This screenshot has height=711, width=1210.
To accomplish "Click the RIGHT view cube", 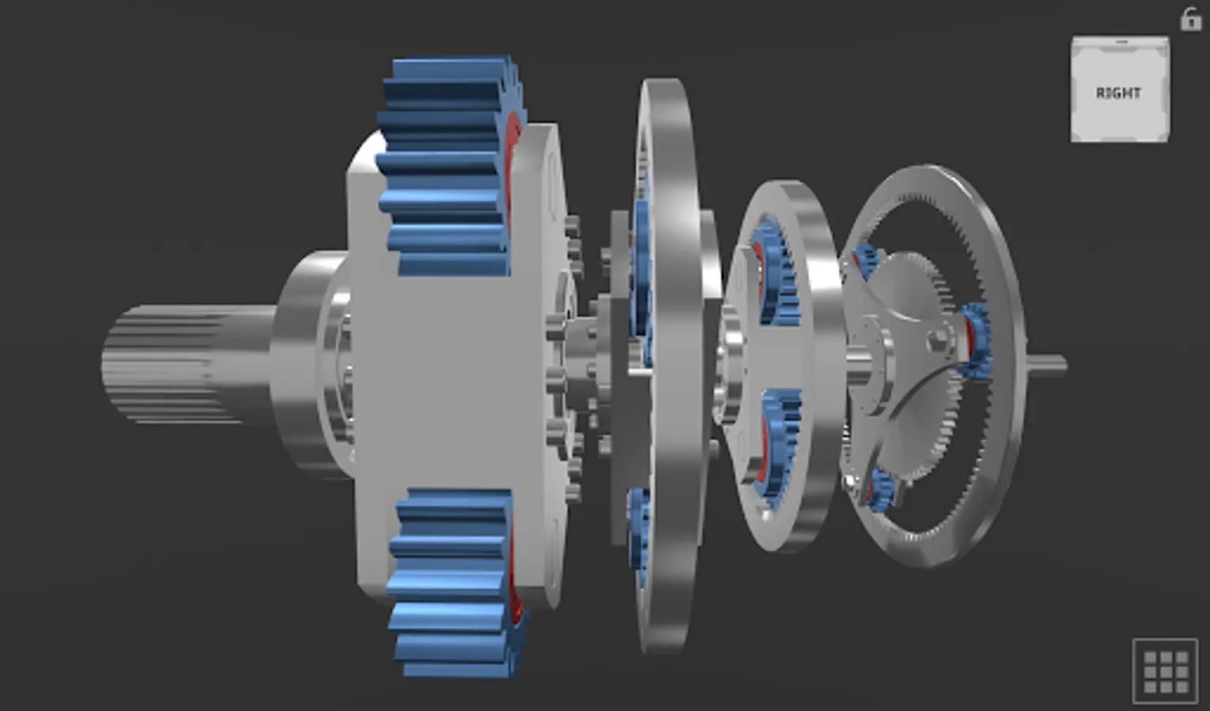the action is [x=1120, y=89].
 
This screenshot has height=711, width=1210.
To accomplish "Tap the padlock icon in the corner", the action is [x=1190, y=19].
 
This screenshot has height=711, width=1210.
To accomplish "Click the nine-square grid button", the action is [x=1165, y=671].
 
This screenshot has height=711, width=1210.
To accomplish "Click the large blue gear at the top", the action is [x=448, y=167].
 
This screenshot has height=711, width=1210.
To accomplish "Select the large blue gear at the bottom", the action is [x=454, y=583].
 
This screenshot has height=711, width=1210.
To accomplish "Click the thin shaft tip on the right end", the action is [x=1048, y=365].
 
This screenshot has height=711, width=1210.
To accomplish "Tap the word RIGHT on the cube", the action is [x=1118, y=93].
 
